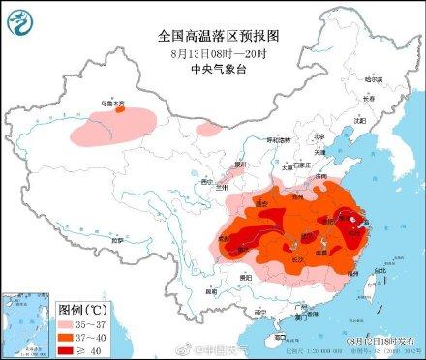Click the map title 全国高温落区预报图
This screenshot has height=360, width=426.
(213, 35)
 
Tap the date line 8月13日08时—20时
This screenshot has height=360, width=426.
(213, 52)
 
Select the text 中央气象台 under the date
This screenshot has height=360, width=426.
(213, 69)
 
